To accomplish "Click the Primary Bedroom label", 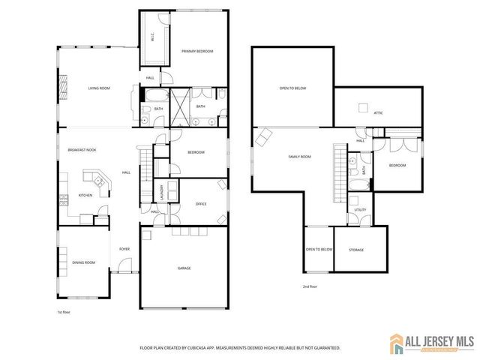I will [197, 51].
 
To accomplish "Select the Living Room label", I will [99, 88].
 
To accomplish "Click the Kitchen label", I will [85, 196].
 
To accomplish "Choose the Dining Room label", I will [84, 262].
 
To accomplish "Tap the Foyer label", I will [124, 249].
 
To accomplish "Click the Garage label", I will [184, 268].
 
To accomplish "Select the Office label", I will [200, 204].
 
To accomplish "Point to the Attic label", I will [378, 112].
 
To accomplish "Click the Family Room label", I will [299, 157].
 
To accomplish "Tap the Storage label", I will [356, 250].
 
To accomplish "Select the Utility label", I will [360, 210].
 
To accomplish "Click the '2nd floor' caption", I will [309, 286].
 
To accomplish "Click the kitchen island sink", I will [97, 181].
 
